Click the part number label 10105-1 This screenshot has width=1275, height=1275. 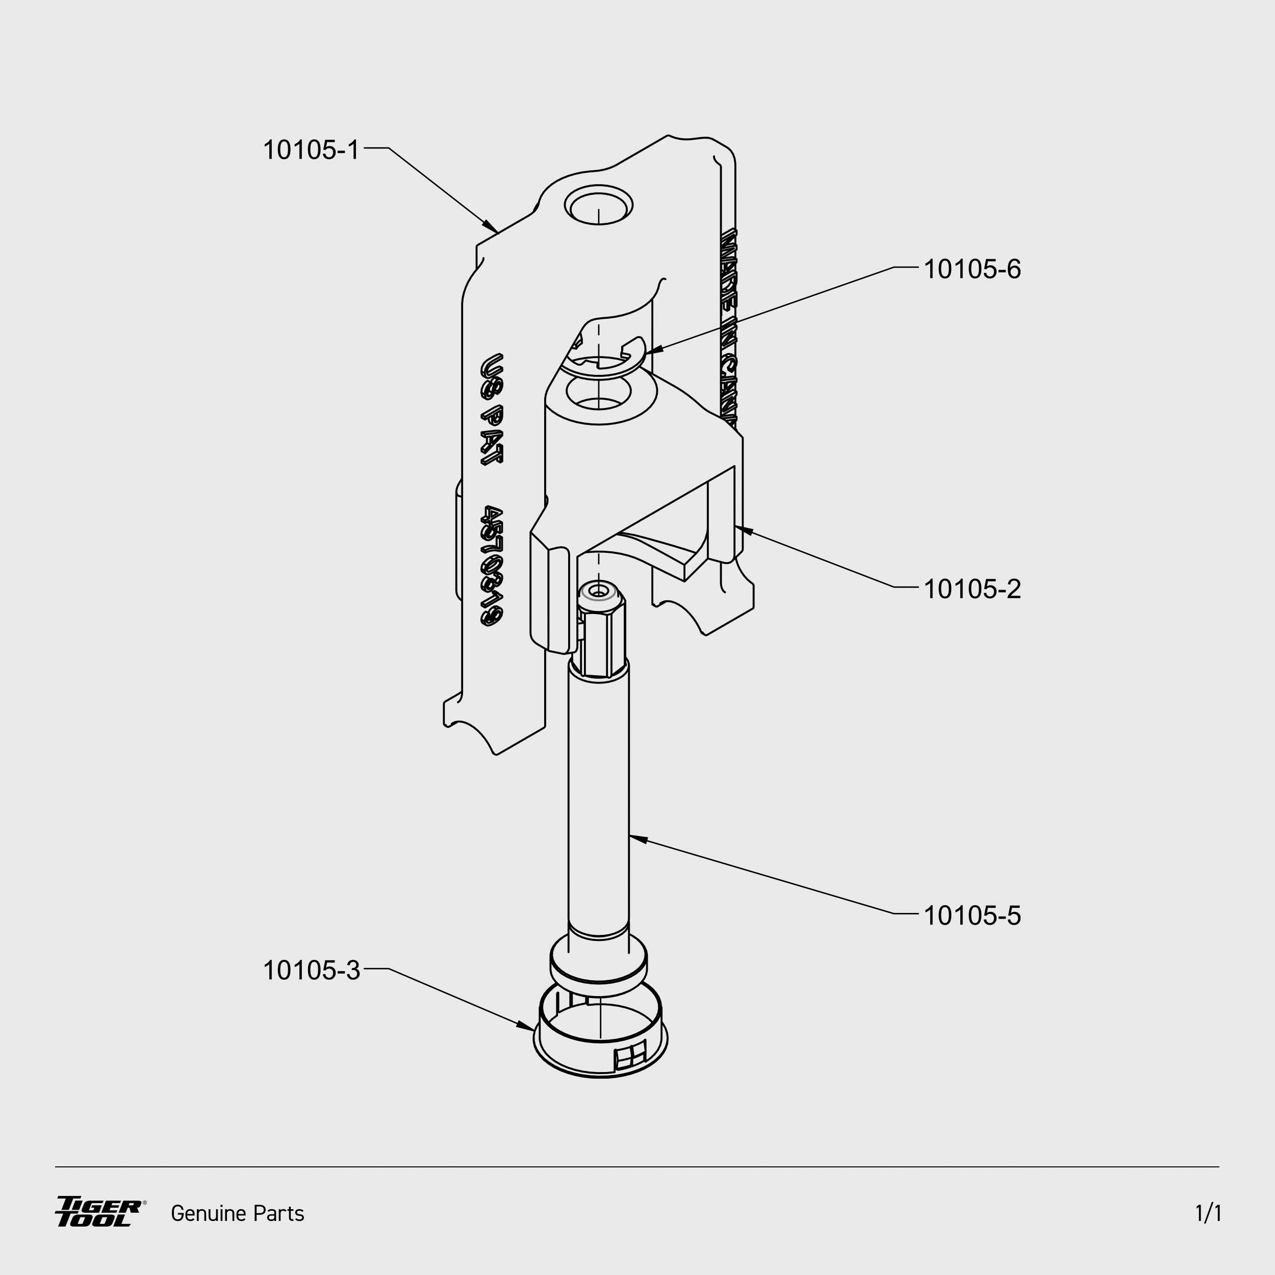(311, 150)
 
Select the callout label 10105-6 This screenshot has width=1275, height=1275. (972, 269)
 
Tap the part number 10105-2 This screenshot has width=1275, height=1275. (972, 590)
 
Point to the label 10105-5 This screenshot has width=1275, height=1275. (972, 916)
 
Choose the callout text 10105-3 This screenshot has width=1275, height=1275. (311, 971)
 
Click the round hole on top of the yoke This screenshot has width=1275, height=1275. (598, 205)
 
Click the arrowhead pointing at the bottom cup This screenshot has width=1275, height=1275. (527, 1026)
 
